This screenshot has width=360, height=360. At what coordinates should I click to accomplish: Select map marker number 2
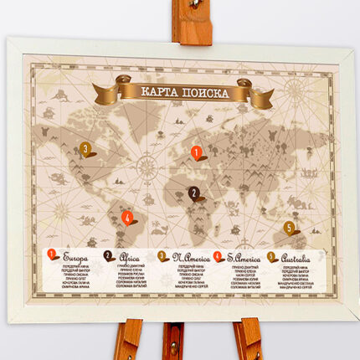[194, 193]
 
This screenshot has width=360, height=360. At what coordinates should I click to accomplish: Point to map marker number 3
[85, 150]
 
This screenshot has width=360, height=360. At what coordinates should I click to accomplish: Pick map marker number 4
[127, 218]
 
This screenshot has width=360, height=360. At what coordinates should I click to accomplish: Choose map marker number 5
[289, 228]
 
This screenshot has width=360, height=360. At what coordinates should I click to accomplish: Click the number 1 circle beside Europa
[52, 255]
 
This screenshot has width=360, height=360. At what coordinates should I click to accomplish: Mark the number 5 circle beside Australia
[273, 256]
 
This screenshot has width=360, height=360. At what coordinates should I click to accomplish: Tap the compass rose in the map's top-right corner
[296, 86]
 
